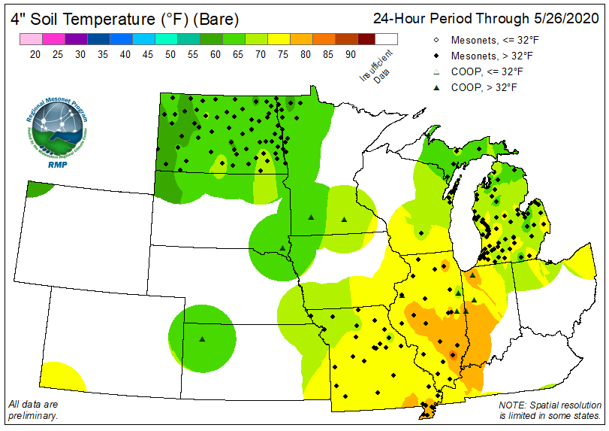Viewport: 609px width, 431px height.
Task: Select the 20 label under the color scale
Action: [x=35, y=53]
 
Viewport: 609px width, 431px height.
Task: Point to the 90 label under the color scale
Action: [x=350, y=53]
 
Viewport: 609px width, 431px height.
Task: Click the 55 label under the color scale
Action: [x=192, y=53]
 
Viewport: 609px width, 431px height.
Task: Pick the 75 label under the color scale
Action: [x=282, y=53]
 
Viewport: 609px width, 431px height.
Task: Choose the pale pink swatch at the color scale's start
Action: [x=31, y=40]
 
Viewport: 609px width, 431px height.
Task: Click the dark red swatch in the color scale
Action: [x=366, y=40]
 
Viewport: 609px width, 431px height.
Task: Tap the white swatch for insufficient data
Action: [x=387, y=40]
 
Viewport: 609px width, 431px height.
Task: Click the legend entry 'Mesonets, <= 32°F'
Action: [x=488, y=40]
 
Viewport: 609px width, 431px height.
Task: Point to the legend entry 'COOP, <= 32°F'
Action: [x=481, y=71]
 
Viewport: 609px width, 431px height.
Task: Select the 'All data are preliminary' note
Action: [x=33, y=410]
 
